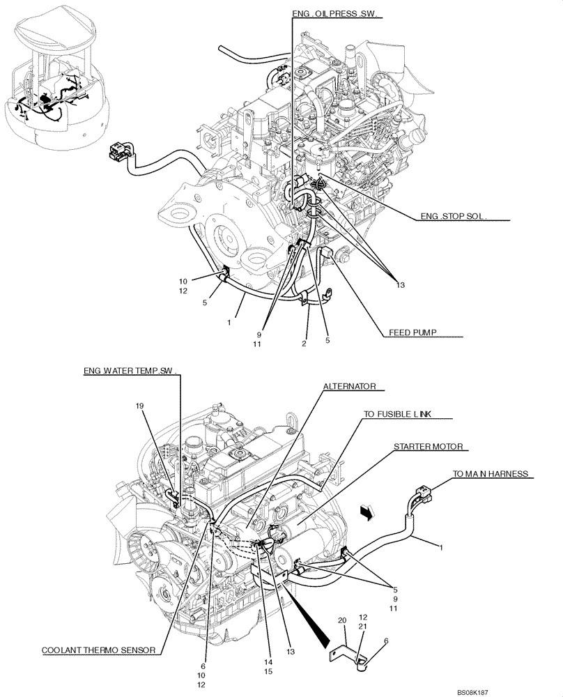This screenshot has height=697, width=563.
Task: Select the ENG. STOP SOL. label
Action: [x=454, y=216]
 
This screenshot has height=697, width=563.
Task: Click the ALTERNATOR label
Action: [x=349, y=385]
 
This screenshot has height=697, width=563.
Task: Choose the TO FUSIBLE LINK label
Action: [x=397, y=413]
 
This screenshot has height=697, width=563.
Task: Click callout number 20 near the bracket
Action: [x=342, y=621]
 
